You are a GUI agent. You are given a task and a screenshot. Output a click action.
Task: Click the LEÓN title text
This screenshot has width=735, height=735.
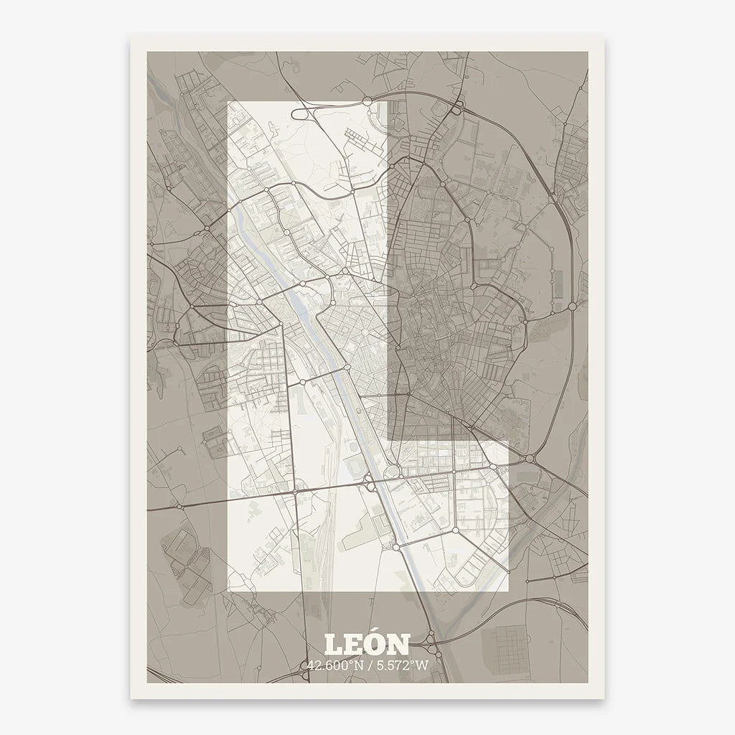pyautogui.click(x=367, y=645)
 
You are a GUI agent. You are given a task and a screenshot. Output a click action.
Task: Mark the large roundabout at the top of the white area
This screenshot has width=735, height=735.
pyautogui.click(x=367, y=102)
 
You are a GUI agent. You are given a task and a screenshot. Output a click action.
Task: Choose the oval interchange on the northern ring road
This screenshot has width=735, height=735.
pyautogui.click(x=457, y=110)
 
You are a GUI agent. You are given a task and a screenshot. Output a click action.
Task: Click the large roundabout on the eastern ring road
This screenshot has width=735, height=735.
pyautogui.click(x=572, y=306)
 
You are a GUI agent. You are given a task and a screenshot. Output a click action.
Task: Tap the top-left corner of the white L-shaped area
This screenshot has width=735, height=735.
pyautogui.click(x=228, y=102)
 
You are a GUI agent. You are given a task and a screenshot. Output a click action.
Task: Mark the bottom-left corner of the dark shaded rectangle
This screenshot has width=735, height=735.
pyautogui.click(x=388, y=439)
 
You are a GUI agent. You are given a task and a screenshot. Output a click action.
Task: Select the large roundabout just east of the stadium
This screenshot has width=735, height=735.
pyautogui.click(x=393, y=472)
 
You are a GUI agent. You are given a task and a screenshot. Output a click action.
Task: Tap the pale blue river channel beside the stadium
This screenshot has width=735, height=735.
pyautogui.click(x=374, y=467)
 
